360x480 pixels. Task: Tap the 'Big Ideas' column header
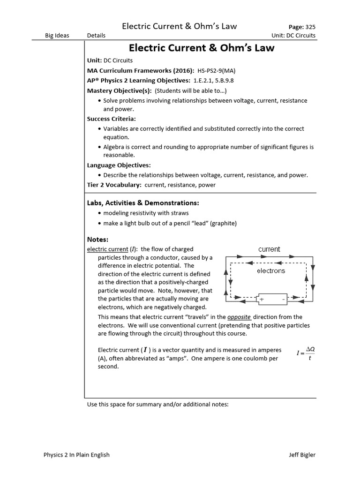[x=57, y=35]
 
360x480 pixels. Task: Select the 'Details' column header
[x=96, y=35]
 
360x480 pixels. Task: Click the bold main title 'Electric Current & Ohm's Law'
[x=202, y=48]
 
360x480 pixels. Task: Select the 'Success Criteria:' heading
[x=111, y=119]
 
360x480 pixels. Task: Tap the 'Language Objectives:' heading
[x=119, y=165]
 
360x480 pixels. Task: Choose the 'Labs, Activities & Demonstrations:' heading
[x=143, y=203]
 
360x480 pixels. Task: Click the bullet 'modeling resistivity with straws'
[x=146, y=213]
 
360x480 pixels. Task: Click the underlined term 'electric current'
[x=107, y=249]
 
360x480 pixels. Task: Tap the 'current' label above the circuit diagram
[x=269, y=249]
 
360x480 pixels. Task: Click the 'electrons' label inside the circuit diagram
[x=270, y=270]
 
